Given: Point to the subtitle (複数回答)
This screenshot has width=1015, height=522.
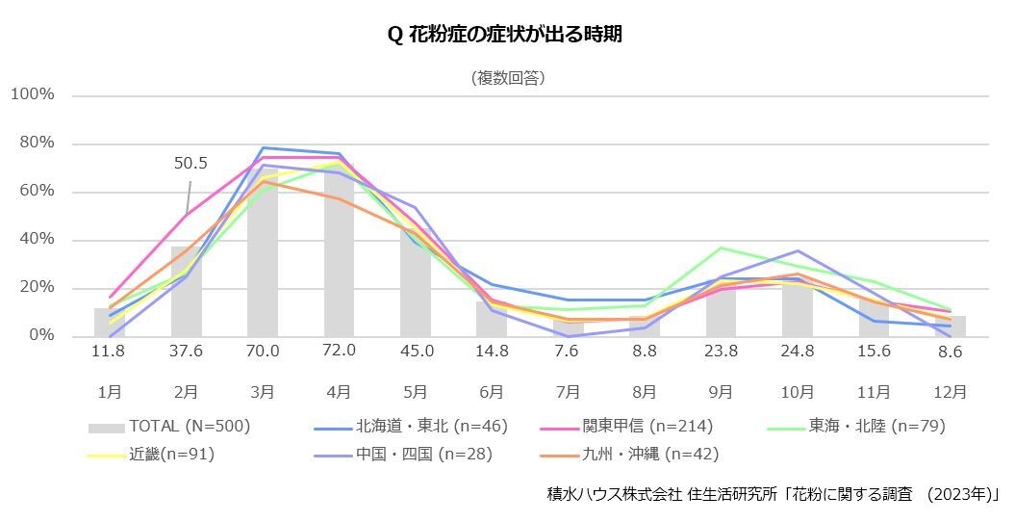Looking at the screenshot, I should pos(509,79).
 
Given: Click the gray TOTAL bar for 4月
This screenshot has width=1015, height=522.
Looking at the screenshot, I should pos(339,255).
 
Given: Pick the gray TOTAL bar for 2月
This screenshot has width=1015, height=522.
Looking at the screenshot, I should pos(186,294).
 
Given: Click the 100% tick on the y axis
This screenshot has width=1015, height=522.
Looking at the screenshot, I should pos(33,95).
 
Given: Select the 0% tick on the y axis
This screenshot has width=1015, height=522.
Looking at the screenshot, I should pos(41,336).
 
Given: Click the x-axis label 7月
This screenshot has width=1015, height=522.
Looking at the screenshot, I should pos(568,392).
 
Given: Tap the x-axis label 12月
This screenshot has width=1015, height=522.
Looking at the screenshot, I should pos(950,392).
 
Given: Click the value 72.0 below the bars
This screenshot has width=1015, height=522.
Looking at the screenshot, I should pos(340,352).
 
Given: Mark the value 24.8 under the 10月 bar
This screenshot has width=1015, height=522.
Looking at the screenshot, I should pos(798,352).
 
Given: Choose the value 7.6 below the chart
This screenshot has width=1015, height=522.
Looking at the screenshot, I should pos(568,352).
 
